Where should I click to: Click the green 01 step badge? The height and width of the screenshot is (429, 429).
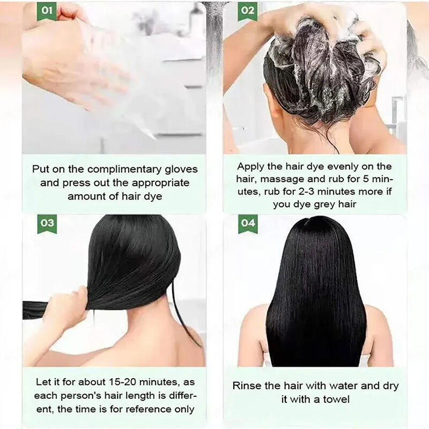tap(47, 11)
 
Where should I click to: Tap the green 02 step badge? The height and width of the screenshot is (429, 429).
tap(248, 11)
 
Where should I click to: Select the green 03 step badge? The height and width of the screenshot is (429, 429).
tap(47, 224)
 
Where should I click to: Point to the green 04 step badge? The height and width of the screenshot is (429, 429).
tap(248, 224)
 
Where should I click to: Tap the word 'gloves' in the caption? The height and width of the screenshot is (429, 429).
tap(181, 169)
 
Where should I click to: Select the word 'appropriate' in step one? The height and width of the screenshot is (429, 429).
tap(161, 183)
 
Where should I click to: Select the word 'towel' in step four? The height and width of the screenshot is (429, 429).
tap(336, 400)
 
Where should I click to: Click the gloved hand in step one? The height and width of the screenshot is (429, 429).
tap(74, 60)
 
